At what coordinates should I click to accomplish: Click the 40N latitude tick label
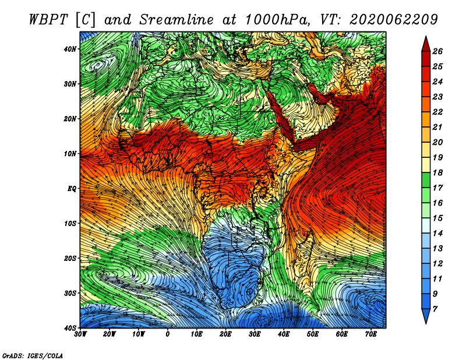(x=70, y=49)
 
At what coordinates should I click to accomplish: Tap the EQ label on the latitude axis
(x=72, y=189)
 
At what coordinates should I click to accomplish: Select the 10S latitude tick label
(x=70, y=224)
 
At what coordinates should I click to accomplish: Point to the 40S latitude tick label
(x=70, y=328)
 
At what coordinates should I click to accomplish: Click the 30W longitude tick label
(x=80, y=334)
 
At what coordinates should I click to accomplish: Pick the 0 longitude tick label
(x=168, y=334)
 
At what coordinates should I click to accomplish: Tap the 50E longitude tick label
(x=313, y=334)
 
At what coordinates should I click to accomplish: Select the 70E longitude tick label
(x=371, y=334)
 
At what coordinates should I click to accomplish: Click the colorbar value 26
(x=437, y=51)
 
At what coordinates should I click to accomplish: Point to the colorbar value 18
(x=437, y=172)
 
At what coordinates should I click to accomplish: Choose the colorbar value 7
(x=435, y=309)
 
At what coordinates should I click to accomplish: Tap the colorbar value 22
(x=437, y=112)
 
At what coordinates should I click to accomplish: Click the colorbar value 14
(x=437, y=234)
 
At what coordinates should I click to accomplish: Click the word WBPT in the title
(x=50, y=20)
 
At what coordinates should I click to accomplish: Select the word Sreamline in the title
(x=177, y=20)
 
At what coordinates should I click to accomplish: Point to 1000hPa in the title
(x=278, y=20)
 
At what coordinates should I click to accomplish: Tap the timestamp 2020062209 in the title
(x=394, y=20)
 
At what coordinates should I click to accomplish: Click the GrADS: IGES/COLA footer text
(x=33, y=355)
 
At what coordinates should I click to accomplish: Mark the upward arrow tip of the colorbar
(x=426, y=37)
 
